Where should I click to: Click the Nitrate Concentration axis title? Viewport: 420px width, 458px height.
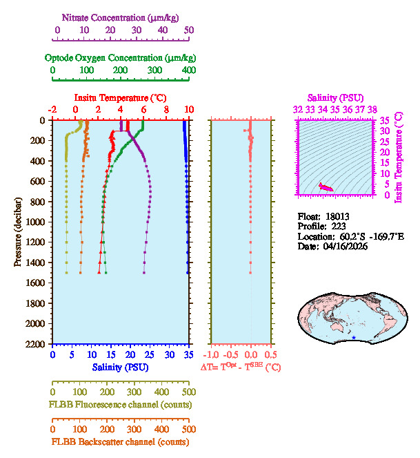pyautogui.click(x=122, y=16)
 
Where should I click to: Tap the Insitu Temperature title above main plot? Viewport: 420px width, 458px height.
pyautogui.click(x=120, y=97)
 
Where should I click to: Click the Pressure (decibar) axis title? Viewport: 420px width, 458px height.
pyautogui.click(x=18, y=231)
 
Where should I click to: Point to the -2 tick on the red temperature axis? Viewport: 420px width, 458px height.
pyautogui.click(x=53, y=109)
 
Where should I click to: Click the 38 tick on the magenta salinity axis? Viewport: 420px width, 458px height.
pyautogui.click(x=372, y=109)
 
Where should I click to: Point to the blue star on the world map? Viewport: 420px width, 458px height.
pyautogui.click(x=354, y=338)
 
